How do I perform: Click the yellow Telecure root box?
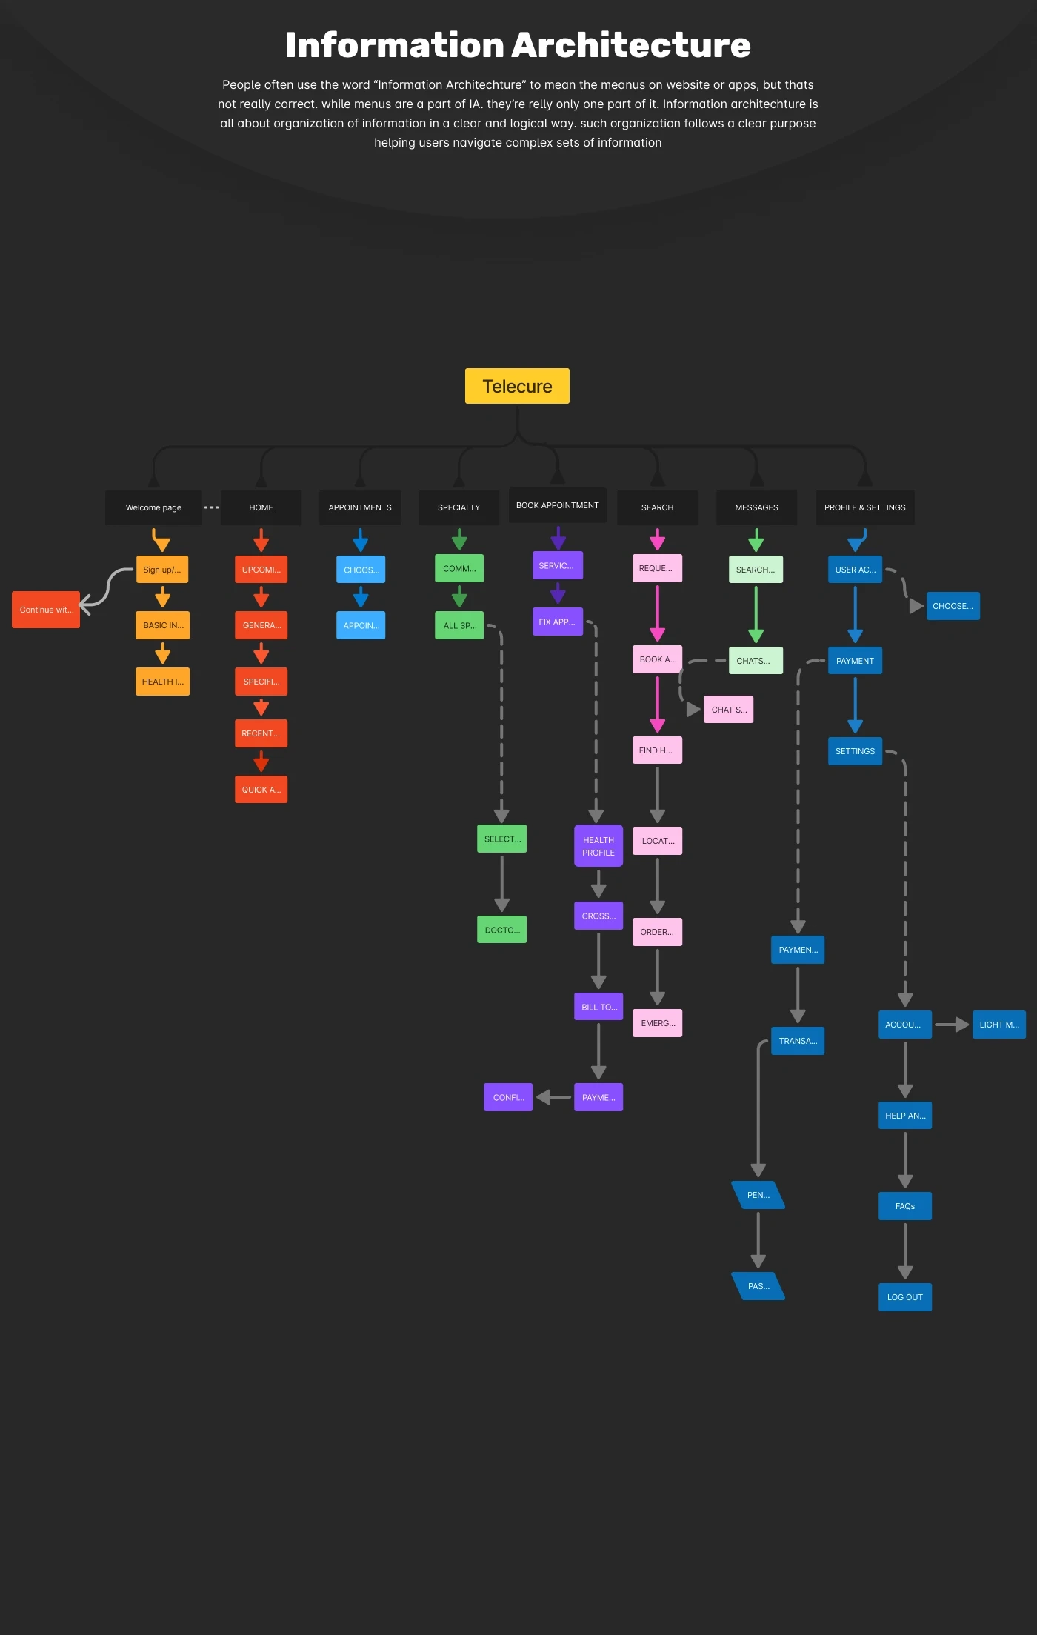(517, 386)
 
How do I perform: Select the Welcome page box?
(153, 507)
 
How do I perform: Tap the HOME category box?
(261, 507)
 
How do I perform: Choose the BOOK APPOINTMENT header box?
(557, 505)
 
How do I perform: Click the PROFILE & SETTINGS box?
(864, 507)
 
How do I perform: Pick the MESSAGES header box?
(756, 507)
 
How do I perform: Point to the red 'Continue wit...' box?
(46, 610)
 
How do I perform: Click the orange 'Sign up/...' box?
(162, 570)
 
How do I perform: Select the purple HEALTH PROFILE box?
(598, 846)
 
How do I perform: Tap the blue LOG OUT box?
(905, 1297)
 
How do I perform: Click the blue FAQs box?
(905, 1206)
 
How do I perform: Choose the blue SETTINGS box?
(855, 751)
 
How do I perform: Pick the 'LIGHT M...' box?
(998, 1025)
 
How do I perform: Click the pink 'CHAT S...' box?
(729, 710)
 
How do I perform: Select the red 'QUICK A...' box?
(261, 790)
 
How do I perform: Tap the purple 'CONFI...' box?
(508, 1097)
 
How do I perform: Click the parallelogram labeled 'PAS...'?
(758, 1286)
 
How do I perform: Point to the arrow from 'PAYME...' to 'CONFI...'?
(553, 1097)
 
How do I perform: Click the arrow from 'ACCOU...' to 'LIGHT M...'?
(952, 1025)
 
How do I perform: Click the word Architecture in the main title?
(633, 45)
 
